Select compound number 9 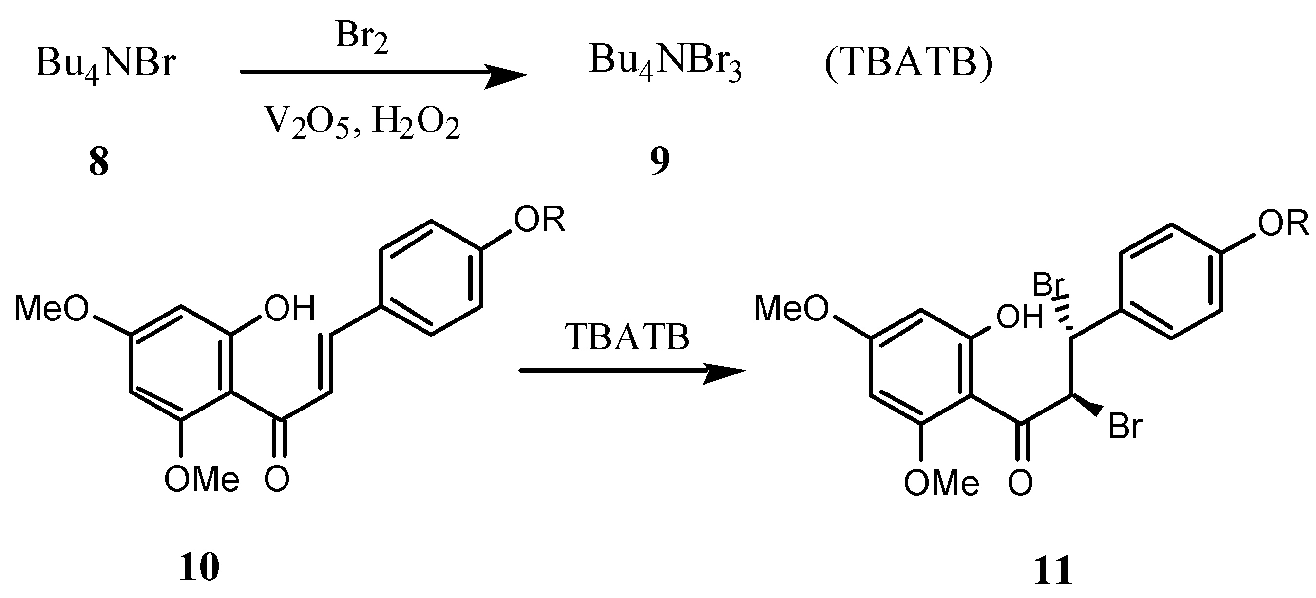(x=660, y=161)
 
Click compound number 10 (x=199, y=567)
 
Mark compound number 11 (x=1052, y=571)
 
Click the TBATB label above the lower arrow (x=628, y=337)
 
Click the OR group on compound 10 (x=539, y=220)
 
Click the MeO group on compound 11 (x=791, y=308)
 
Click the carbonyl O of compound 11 (x=1020, y=483)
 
